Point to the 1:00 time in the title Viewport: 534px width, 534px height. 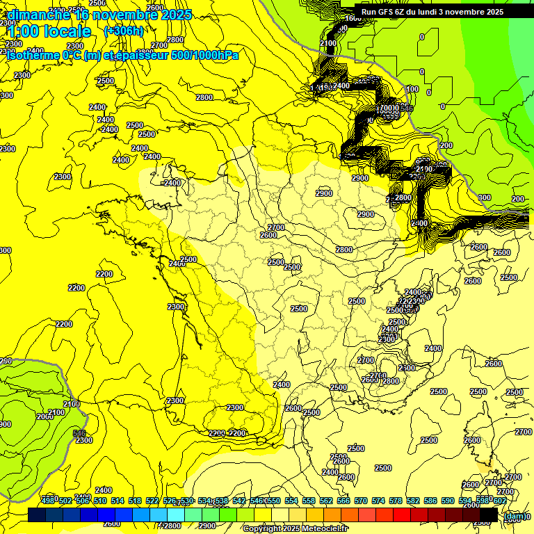24,31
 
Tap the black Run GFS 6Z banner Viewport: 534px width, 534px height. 432,12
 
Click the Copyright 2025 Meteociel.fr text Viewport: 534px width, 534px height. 295,528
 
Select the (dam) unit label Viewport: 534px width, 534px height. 515,515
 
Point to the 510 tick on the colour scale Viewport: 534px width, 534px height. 100,501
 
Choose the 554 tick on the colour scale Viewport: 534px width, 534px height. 291,501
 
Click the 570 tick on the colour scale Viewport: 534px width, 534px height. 361,501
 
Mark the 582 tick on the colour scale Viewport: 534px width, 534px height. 413,501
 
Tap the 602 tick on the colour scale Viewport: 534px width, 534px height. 499,501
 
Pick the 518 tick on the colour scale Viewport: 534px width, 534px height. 135,501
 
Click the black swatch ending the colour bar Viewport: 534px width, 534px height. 489,515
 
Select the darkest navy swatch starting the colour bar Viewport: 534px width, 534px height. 37,515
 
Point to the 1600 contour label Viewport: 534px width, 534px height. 353,18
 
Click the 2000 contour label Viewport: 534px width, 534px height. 45,416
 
